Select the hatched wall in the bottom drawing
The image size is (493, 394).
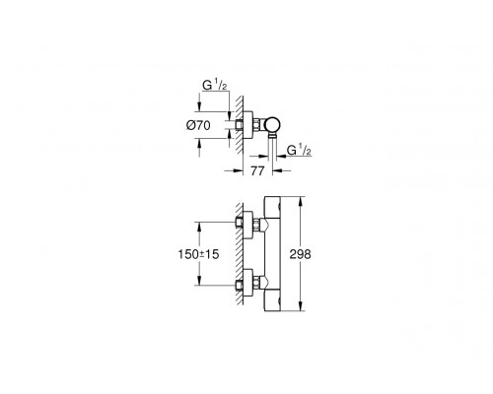[241, 251]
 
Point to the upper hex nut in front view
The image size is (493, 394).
[255, 225]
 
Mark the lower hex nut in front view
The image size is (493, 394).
[255, 285]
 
